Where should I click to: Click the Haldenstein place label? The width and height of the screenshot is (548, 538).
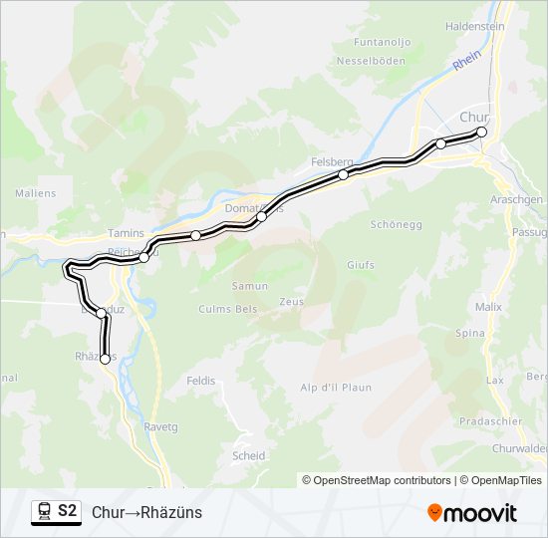[475, 26]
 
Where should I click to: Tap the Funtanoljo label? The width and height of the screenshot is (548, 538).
[383, 43]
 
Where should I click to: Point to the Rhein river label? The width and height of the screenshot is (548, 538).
[465, 60]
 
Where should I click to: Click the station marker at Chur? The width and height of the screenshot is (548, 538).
[482, 132]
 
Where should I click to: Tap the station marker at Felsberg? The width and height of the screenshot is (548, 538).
[343, 175]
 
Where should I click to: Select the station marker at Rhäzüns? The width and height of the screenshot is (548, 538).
[105, 360]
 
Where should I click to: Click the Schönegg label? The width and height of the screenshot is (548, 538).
[392, 224]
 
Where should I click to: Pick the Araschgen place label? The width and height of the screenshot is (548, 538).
[517, 199]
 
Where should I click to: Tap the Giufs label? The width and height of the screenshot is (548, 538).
[361, 265]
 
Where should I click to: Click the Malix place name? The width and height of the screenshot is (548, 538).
[488, 307]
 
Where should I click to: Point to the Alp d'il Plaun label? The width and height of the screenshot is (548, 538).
[336, 388]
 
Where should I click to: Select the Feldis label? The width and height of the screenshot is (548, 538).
[200, 381]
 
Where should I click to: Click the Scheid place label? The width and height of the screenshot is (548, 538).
[248, 456]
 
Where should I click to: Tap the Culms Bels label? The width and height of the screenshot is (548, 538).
[228, 309]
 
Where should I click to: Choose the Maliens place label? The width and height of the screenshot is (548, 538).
[35, 192]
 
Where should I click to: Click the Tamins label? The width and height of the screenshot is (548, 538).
[126, 233]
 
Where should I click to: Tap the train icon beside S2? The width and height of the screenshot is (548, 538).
[43, 511]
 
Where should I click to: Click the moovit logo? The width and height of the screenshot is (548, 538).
[472, 513]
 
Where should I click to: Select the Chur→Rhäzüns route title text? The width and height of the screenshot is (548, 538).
[146, 512]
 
